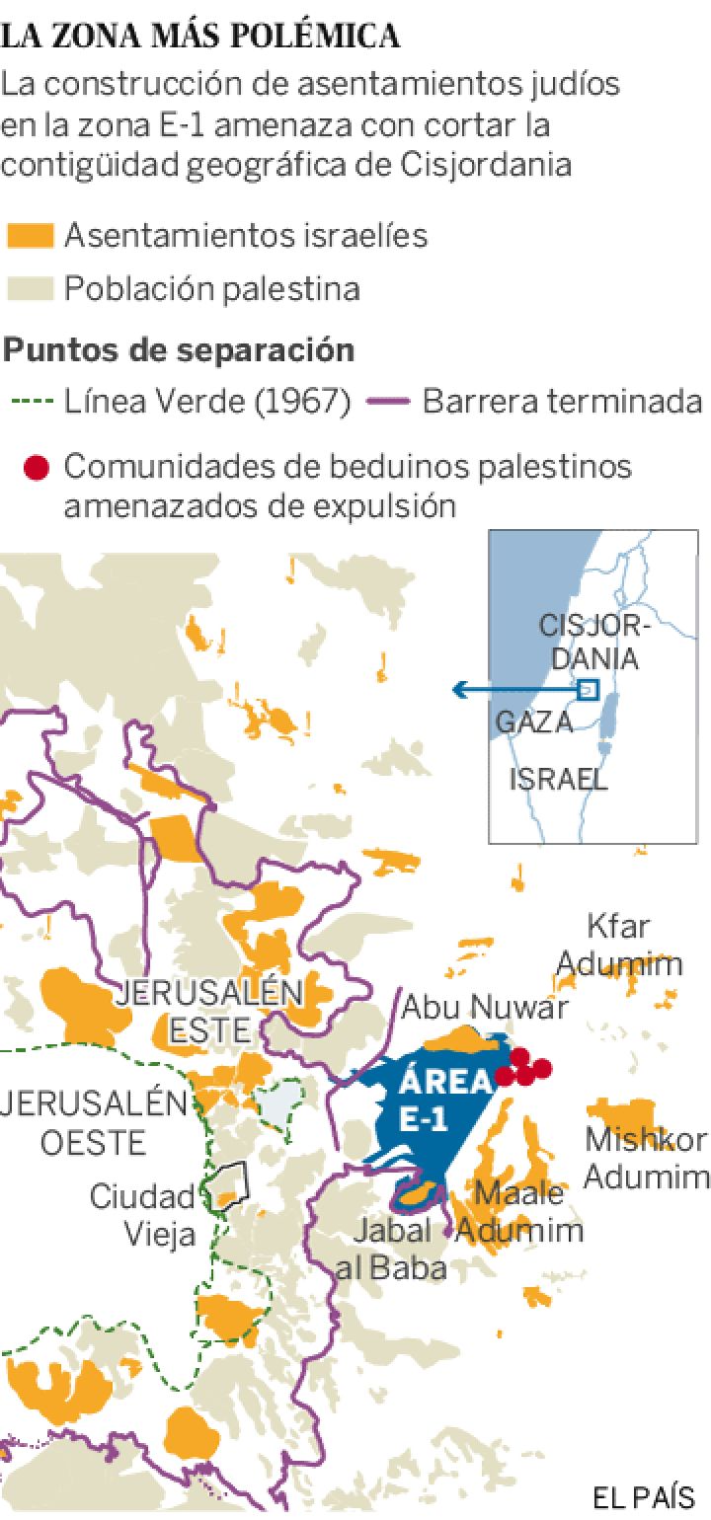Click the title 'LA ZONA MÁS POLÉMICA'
(x=201, y=38)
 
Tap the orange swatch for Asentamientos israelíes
(x=29, y=236)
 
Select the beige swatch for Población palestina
(x=29, y=289)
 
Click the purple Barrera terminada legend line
(x=387, y=403)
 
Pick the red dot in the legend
(x=36, y=467)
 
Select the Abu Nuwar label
(x=484, y=1007)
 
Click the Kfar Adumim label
(x=633, y=944)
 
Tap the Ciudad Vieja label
(x=143, y=1215)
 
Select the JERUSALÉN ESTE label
(x=209, y=1011)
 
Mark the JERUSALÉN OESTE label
(x=94, y=1122)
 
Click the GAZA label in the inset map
(x=533, y=722)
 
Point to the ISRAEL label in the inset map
(x=558, y=779)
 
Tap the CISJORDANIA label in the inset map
(x=589, y=642)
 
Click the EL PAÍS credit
(x=643, y=1496)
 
